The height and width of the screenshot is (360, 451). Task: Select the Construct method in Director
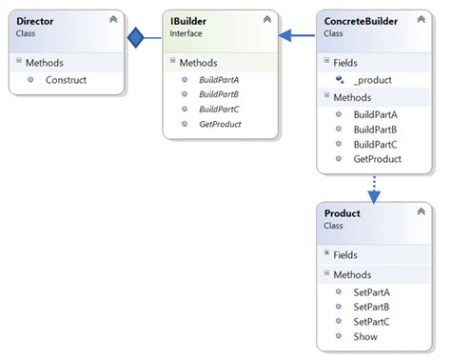coord(66,80)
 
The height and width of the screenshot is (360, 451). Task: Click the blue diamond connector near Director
coord(136,38)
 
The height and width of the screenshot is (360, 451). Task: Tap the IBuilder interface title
coord(190,19)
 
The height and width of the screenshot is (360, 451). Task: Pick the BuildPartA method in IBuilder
coord(218,80)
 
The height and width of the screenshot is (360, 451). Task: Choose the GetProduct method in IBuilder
coord(219,124)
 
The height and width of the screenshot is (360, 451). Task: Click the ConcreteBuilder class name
coord(359,19)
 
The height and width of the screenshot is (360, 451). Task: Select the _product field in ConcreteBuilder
coord(372,80)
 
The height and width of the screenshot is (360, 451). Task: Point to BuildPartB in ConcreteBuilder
coord(374,130)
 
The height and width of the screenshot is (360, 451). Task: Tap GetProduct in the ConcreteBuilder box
coord(376,159)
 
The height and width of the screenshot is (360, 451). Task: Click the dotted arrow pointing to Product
coord(373,189)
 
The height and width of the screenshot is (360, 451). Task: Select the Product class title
coord(343,213)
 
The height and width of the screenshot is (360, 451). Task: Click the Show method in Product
coord(364,336)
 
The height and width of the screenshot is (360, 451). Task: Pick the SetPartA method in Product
coord(371,292)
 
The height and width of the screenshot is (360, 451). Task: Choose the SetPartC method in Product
coord(371,322)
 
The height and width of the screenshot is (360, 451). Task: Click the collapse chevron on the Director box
coord(114,19)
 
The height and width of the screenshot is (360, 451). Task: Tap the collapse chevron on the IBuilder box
coord(268,19)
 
